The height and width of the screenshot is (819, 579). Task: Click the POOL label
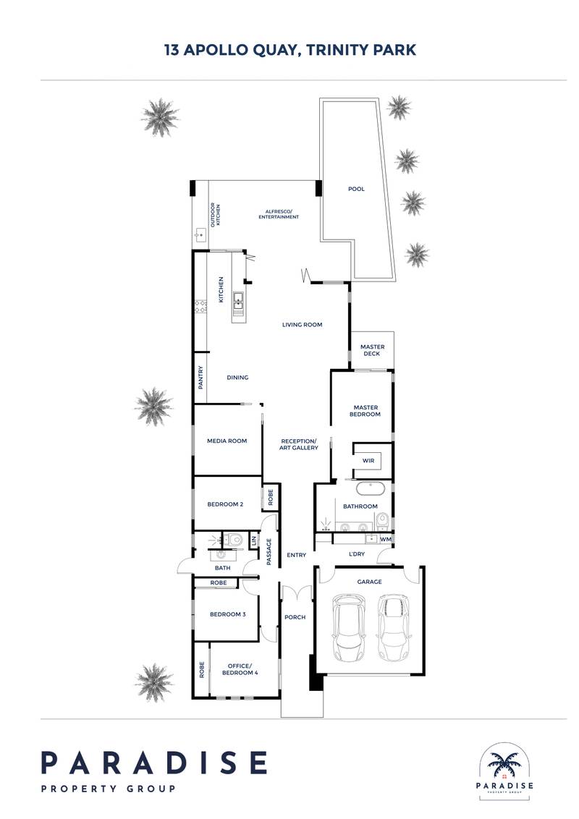click(x=356, y=189)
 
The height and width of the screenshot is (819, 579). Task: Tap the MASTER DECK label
click(x=372, y=350)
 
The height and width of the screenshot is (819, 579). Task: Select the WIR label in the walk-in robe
click(x=368, y=461)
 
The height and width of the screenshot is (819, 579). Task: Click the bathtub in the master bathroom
click(x=371, y=489)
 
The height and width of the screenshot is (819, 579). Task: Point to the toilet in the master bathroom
click(x=382, y=520)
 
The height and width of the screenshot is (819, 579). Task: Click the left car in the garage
click(x=349, y=627)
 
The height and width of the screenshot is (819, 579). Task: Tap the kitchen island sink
click(x=238, y=302)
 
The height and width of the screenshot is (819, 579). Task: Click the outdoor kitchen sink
click(x=200, y=235)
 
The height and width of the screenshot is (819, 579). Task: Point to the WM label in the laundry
click(x=386, y=539)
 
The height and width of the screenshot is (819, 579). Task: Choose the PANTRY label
click(x=200, y=377)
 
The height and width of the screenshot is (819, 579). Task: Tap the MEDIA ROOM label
click(x=227, y=441)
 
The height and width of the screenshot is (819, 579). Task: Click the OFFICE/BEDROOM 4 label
click(x=240, y=669)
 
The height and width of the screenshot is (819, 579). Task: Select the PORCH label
click(x=295, y=617)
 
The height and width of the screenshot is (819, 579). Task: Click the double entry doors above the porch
click(x=297, y=592)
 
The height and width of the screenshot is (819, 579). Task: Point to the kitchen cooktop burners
click(x=200, y=306)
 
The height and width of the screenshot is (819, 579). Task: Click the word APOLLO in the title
click(x=216, y=50)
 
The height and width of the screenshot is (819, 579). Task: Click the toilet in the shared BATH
click(x=235, y=539)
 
